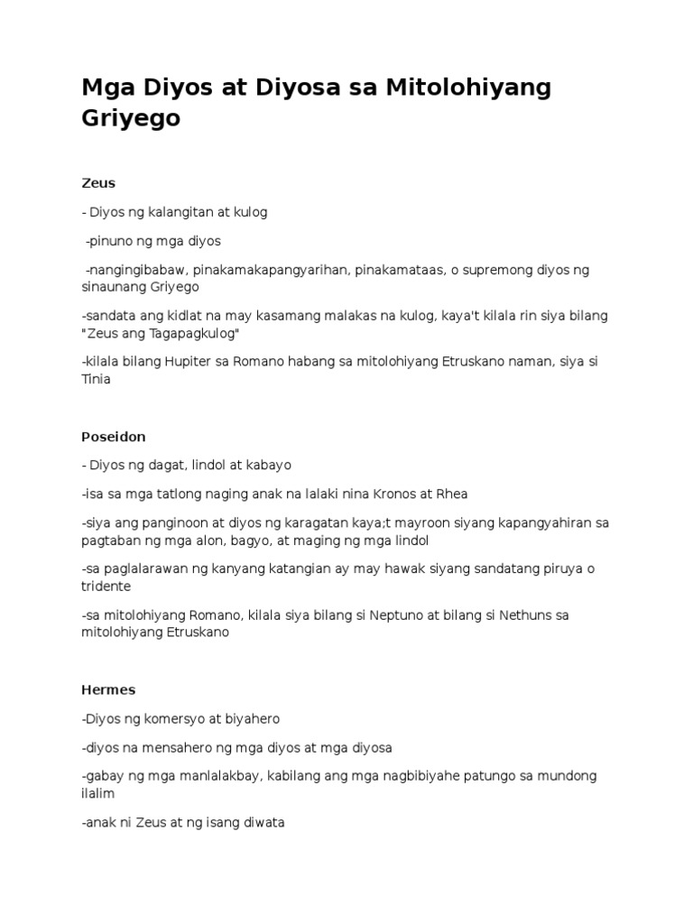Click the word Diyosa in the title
coord(299,88)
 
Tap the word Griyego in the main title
coord(131,118)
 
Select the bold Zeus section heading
coord(98,183)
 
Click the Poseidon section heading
coord(113,437)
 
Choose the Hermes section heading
coord(108,690)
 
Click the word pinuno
coord(111,242)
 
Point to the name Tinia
coord(96,380)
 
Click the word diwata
coord(263,823)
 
